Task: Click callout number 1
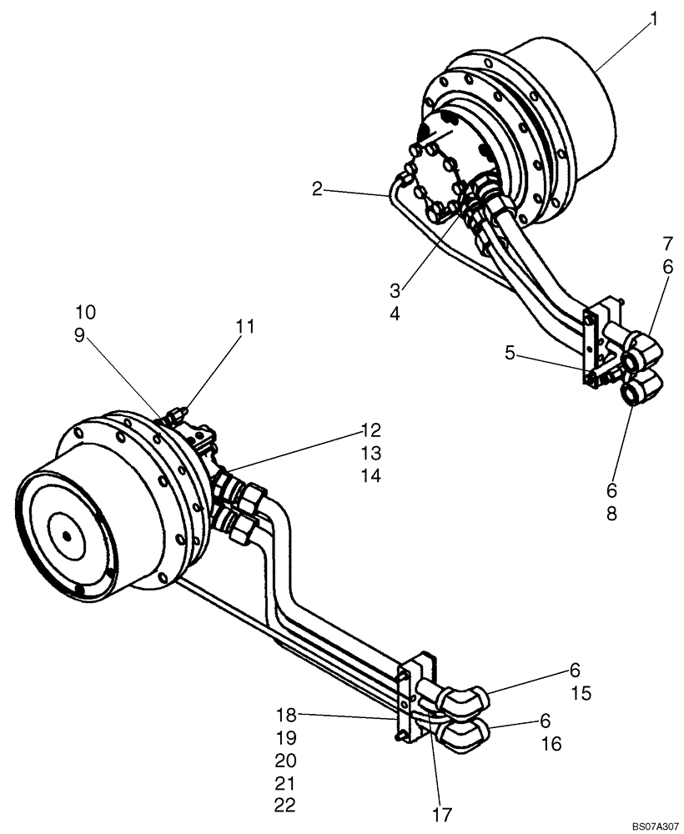[x=654, y=19]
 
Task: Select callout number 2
[x=317, y=189]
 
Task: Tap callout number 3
[x=395, y=291]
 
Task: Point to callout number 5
[x=395, y=314]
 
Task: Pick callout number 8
[x=611, y=515]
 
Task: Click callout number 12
[x=371, y=430]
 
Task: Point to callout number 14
[x=371, y=475]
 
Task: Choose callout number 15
[x=581, y=693]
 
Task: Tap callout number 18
[x=285, y=715]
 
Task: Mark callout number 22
[x=285, y=806]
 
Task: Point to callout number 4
[x=395, y=314]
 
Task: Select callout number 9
[x=85, y=335]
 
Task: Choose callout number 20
[x=285, y=761]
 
